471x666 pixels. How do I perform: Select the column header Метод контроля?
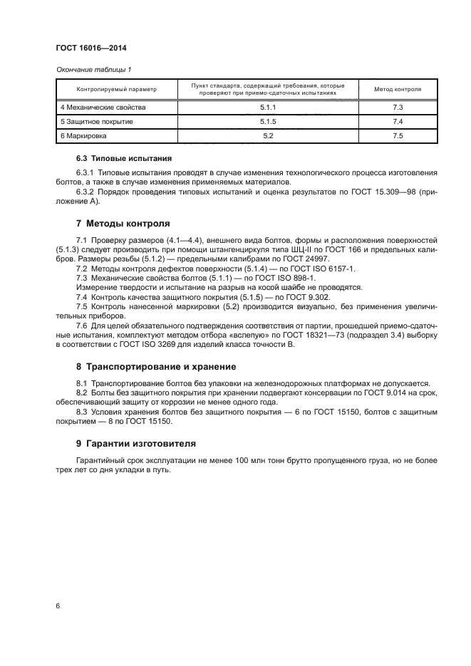pyautogui.click(x=398, y=90)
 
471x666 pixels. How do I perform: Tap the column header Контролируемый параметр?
pyautogui.click(x=116, y=90)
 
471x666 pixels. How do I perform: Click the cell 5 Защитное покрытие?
pyautogui.click(x=96, y=122)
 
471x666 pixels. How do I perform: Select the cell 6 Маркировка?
pyautogui.click(x=83, y=135)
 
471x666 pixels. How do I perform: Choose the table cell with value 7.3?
pyautogui.click(x=398, y=108)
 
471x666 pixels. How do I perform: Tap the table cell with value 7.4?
pyautogui.click(x=398, y=122)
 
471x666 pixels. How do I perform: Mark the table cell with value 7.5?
pyautogui.click(x=398, y=135)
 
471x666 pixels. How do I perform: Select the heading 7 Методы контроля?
pyautogui.click(x=123, y=222)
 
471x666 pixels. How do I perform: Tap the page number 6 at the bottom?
pyautogui.click(x=57, y=605)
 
